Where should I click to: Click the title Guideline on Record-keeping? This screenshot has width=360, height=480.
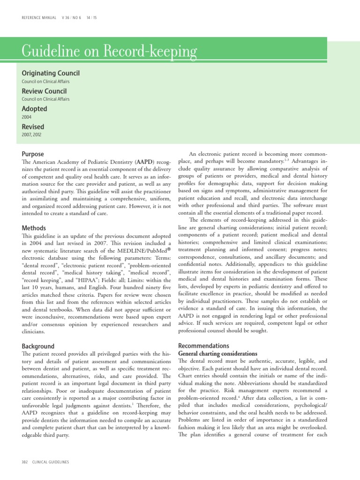pyautogui.click(x=109, y=51)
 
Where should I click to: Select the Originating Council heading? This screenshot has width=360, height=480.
pyautogui.click(x=51, y=73)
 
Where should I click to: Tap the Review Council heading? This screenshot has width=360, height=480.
pyautogui.click(x=44, y=91)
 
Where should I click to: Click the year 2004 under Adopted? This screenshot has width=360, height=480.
pyautogui.click(x=27, y=117)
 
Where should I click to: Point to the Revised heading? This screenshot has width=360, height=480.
pyautogui.click(x=33, y=127)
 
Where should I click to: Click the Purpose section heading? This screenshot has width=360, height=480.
pyautogui.click(x=33, y=154)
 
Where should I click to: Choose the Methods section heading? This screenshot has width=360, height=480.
pyautogui.click(x=34, y=228)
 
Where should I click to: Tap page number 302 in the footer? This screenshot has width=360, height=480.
pyautogui.click(x=25, y=462)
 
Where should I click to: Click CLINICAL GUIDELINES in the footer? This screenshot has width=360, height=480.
pyautogui.click(x=51, y=462)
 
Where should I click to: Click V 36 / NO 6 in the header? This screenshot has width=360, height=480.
pyautogui.click(x=71, y=18)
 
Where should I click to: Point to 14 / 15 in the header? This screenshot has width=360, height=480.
pyautogui.click(x=92, y=18)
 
